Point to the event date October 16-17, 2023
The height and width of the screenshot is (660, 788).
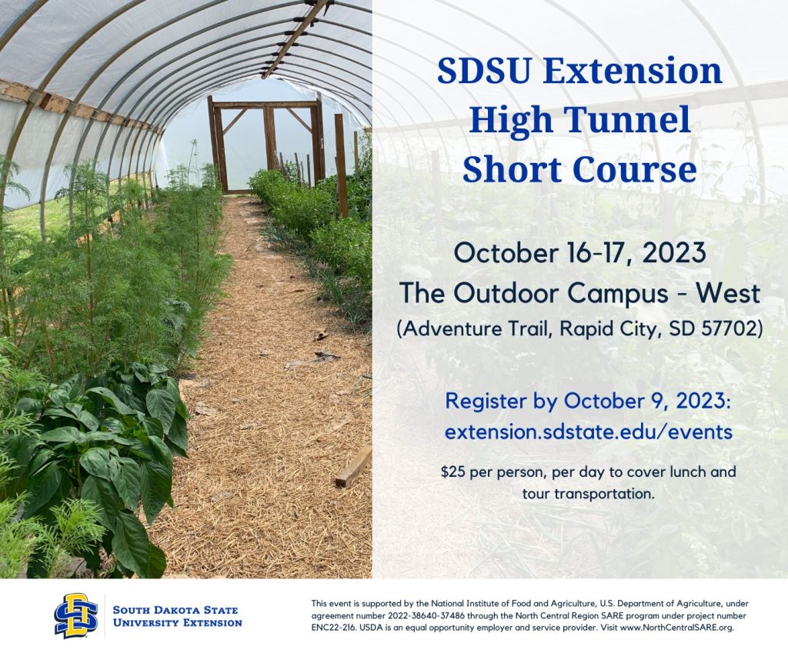[579, 252]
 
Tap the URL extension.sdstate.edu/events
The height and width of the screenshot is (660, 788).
[588, 432]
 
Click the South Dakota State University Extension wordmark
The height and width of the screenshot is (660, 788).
[178, 616]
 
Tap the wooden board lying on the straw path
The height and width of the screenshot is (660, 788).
[354, 466]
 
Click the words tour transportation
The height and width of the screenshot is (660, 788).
[588, 494]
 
